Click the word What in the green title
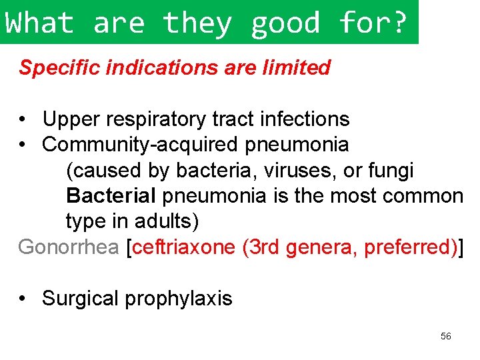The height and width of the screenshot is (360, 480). click(x=39, y=23)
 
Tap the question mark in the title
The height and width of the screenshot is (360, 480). click(x=399, y=23)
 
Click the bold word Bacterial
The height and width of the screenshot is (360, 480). click(x=111, y=196)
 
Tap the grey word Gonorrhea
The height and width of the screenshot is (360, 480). click(x=69, y=247)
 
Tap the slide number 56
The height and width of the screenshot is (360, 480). click(x=446, y=337)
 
